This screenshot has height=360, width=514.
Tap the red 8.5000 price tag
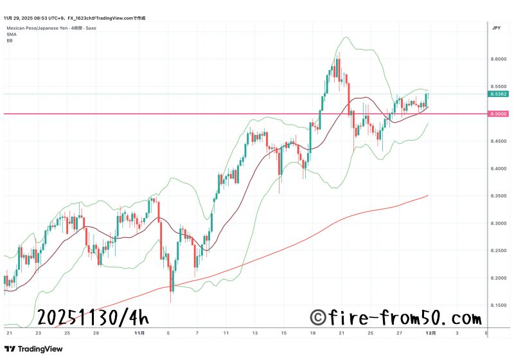(x=497, y=114)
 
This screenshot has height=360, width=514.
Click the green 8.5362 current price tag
(x=497, y=94)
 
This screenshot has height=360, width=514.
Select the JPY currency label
(x=496, y=28)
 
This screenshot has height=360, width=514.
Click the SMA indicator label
(x=11, y=35)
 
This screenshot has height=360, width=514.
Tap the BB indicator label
(x=10, y=40)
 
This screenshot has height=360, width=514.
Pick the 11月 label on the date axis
(x=140, y=334)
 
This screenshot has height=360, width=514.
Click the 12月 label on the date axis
(x=432, y=334)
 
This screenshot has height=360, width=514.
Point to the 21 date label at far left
(x=9, y=334)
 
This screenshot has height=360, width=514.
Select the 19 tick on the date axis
(x=312, y=334)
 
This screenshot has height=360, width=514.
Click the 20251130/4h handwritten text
(x=93, y=318)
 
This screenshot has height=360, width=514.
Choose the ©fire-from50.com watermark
(x=395, y=318)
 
